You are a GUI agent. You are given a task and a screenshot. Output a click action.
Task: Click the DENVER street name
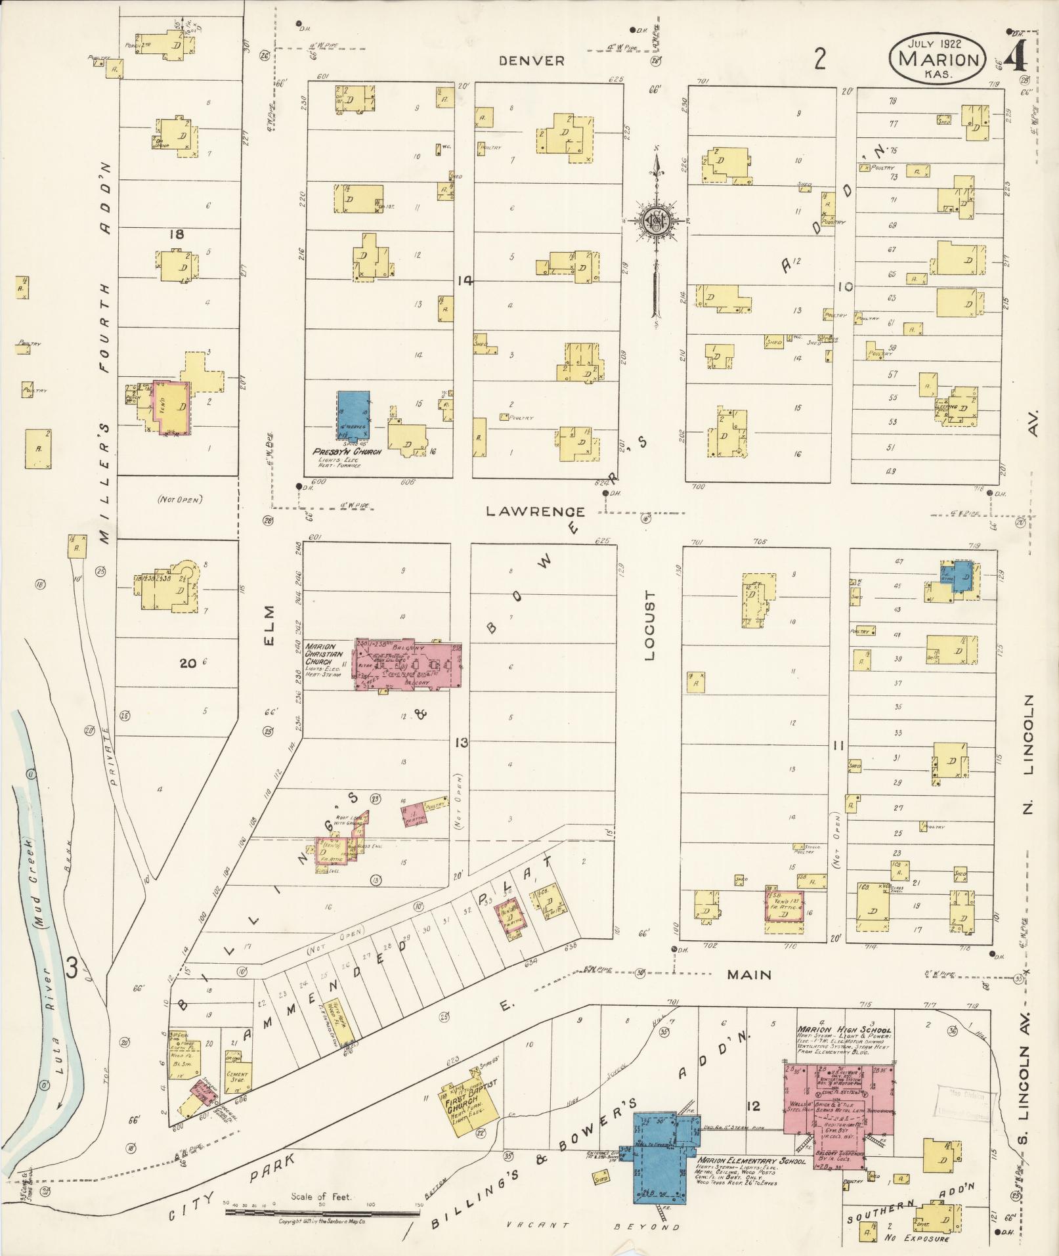click(531, 61)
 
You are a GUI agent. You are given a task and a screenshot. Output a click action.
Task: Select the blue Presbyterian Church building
click(354, 416)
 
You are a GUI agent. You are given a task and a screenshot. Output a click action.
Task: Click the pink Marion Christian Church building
click(408, 663)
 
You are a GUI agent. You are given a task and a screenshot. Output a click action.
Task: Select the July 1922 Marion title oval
click(938, 58)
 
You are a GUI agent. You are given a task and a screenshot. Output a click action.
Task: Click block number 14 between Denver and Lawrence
click(465, 280)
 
